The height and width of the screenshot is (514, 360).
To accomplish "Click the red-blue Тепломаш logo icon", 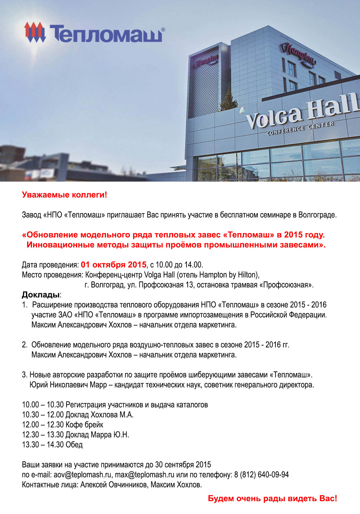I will pyautogui.click(x=35, y=32).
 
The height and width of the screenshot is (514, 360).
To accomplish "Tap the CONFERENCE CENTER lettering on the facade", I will pyautogui.click(x=300, y=128).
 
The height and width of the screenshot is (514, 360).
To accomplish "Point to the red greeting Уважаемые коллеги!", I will pyautogui.click(x=65, y=195).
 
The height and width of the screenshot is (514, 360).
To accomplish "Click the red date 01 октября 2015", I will pyautogui.click(x=113, y=265).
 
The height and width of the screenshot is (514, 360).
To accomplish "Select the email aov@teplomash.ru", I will pyautogui.click(x=82, y=475).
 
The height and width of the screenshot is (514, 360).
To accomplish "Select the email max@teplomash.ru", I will pyautogui.click(x=145, y=475).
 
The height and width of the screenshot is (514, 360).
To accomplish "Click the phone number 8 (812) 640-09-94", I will pyautogui.click(x=261, y=475).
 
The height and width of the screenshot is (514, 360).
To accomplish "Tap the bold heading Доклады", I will pyautogui.click(x=41, y=295).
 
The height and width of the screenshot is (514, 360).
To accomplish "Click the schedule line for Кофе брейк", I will pyautogui.click(x=63, y=425).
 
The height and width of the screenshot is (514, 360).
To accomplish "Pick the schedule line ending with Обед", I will pyautogui.click(x=52, y=445).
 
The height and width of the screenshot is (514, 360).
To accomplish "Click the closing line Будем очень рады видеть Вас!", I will pyautogui.click(x=272, y=499).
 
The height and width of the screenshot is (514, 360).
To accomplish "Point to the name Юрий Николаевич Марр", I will pyautogui.click(x=68, y=385).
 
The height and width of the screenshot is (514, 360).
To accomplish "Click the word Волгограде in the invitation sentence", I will pyautogui.click(x=317, y=215).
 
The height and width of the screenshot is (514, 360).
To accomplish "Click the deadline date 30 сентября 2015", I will pyautogui.click(x=183, y=465).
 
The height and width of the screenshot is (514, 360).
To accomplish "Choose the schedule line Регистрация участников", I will pyautogui.click(x=115, y=405).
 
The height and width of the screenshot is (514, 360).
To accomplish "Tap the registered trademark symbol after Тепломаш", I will pyautogui.click(x=163, y=29).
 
